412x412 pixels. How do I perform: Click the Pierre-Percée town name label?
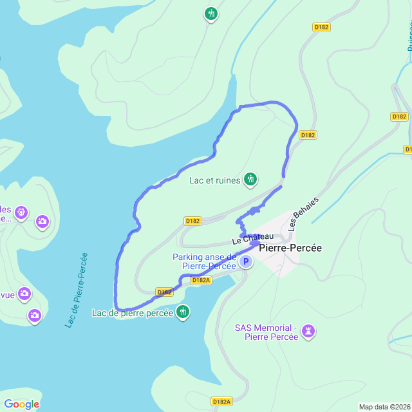pos(290,248)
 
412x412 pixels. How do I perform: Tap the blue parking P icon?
pos(245,262)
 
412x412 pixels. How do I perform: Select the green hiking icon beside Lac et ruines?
pos(250,180)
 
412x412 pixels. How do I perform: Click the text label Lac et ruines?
pos(214,180)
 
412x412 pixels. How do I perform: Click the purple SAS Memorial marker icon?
pos(309,332)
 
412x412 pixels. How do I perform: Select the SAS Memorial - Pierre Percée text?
pos(265,332)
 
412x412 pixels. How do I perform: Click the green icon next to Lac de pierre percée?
pos(183,312)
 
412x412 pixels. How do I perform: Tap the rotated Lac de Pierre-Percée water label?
pos(76,290)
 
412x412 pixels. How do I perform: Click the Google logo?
pos(21,404)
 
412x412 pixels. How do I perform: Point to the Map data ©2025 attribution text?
pos(384,407)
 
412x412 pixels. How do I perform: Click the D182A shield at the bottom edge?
pos(221,402)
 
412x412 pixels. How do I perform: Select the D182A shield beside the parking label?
pos(201,280)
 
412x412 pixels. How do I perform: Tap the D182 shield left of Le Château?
pos(192,221)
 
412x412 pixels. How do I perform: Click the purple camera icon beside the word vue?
pos(24,294)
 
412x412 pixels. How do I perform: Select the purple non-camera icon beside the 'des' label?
pos(21,212)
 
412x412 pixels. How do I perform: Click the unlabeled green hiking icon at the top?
pos(211,14)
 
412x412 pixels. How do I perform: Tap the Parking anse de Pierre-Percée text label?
pos(204,261)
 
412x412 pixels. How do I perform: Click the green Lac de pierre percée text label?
pos(133,314)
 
